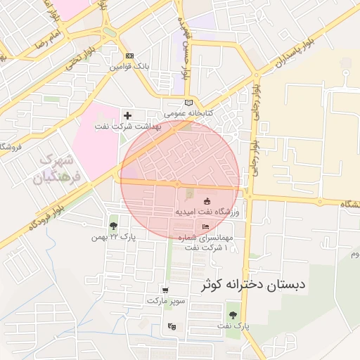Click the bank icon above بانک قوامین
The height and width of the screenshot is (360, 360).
click(x=128, y=56)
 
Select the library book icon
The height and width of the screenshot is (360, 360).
click(x=187, y=103)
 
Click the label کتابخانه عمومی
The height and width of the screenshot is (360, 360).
click(x=188, y=112)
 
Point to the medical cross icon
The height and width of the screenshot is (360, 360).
click(x=127, y=115)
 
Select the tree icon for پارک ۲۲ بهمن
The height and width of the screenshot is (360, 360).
click(x=113, y=226)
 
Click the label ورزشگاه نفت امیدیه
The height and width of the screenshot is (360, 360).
click(x=207, y=212)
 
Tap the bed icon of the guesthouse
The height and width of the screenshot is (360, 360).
click(x=205, y=227)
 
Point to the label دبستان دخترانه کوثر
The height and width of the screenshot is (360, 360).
click(x=254, y=285)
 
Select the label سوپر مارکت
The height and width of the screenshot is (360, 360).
click(x=166, y=300)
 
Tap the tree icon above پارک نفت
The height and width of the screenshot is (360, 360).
click(x=233, y=314)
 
